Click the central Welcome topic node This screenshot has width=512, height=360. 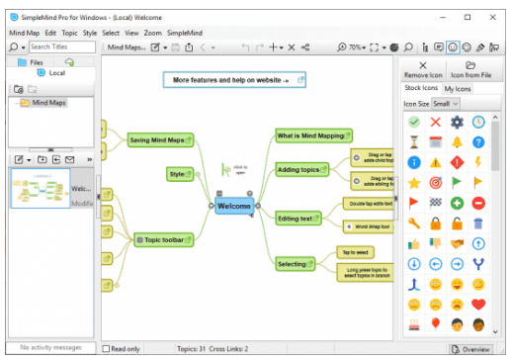coord(234,206)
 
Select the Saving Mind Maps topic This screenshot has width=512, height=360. coord(158,140)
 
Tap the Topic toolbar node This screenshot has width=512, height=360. coord(162,238)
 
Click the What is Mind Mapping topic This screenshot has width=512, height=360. coord(309,135)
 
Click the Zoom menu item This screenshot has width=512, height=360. coord(153,33)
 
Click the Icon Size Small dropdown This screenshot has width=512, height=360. coord(446,103)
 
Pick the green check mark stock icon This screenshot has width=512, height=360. coord(413,123)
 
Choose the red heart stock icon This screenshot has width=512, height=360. coord(478,304)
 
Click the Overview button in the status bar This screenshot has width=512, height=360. coord(470,349)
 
